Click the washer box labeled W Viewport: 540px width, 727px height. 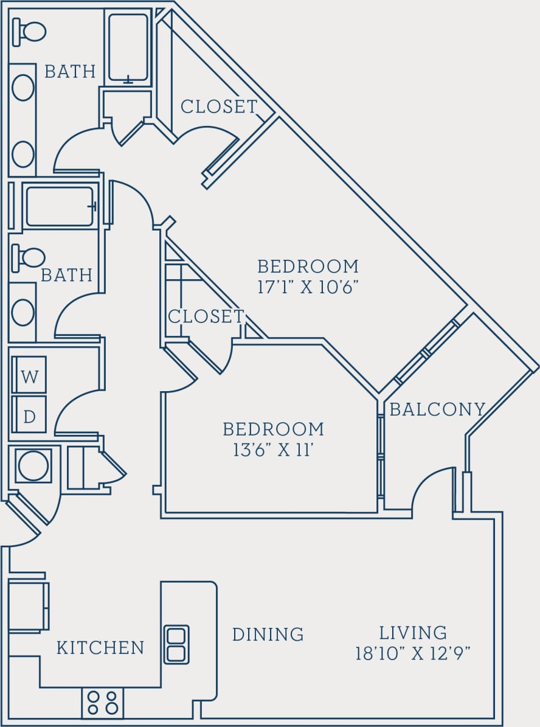click(29, 375)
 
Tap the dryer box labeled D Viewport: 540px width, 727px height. click(29, 416)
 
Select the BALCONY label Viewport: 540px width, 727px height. click(437, 409)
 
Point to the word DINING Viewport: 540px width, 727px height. click(268, 635)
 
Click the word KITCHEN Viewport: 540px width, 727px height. click(100, 648)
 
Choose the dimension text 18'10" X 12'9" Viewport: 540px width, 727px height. click(413, 653)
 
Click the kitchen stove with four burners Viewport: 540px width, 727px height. click(103, 702)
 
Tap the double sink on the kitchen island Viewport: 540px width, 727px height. click(176, 644)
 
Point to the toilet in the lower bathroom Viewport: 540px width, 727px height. click(29, 258)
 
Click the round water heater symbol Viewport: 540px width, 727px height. click(33, 466)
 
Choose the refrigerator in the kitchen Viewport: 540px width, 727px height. click(27, 606)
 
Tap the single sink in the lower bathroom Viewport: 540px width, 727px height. click(23, 312)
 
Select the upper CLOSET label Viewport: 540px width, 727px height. click(219, 106)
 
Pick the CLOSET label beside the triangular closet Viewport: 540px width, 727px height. click(206, 316)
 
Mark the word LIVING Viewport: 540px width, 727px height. click(413, 633)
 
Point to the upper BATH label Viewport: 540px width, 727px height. click(70, 72)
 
